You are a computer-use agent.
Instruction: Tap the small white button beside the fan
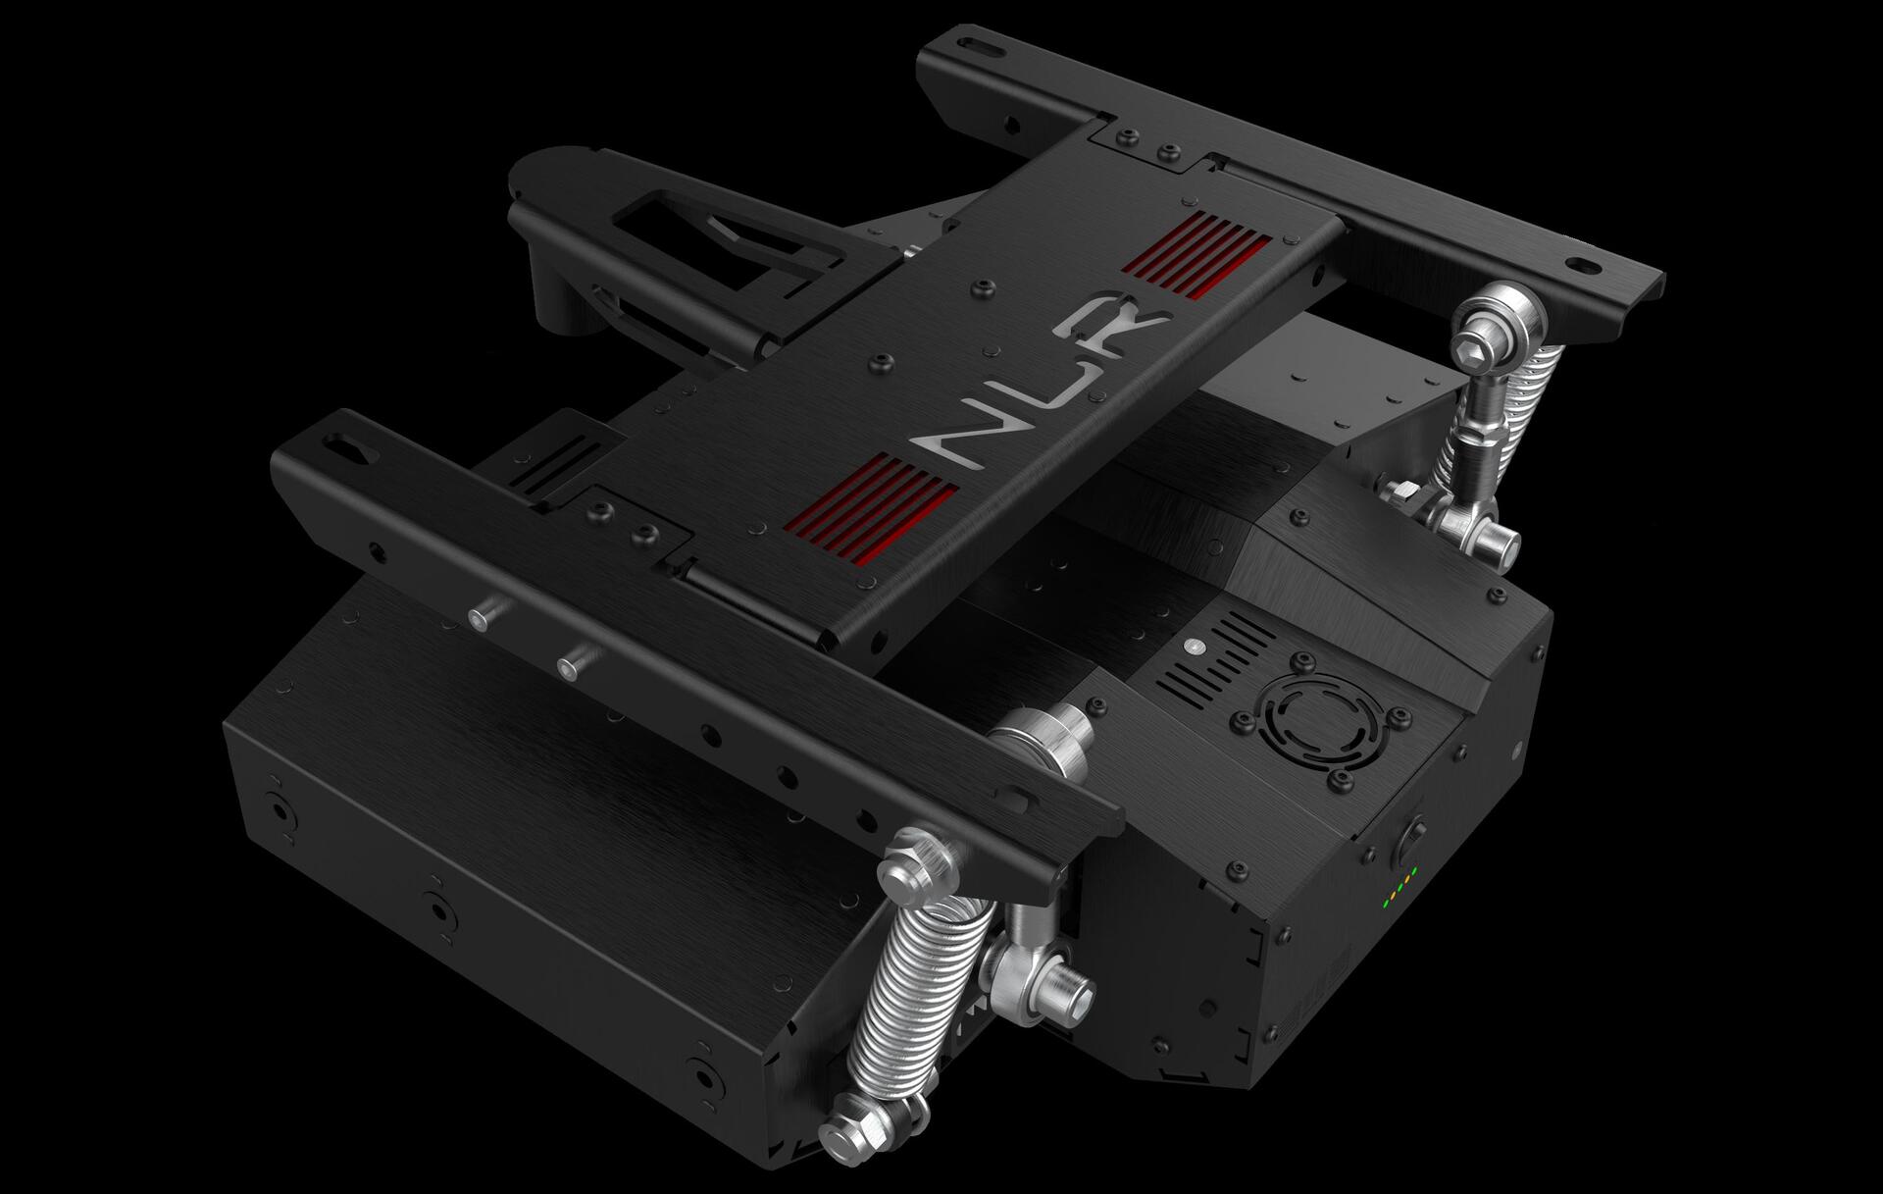(x=1194, y=648)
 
